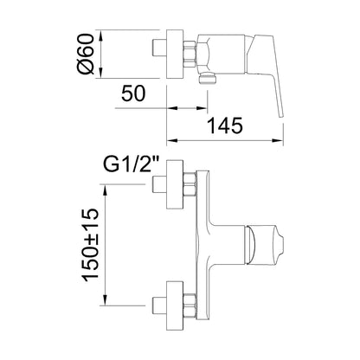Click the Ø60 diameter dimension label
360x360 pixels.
86,54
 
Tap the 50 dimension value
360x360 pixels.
133,93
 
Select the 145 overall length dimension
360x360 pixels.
225,125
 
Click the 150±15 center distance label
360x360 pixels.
91,245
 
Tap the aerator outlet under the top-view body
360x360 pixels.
208,78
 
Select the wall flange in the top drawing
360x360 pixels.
175,54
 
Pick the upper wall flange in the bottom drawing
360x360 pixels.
175,183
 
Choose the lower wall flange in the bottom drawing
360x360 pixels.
175,305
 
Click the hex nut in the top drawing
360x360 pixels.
190,55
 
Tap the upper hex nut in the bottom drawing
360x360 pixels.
190,184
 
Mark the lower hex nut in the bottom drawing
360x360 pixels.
190,305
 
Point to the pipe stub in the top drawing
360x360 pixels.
159,48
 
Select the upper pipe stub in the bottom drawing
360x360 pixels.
159,184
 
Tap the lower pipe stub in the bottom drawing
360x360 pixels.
159,305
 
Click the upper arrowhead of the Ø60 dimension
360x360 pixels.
100,35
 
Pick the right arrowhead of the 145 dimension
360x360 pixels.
278,141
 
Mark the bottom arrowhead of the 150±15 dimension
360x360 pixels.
106,299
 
